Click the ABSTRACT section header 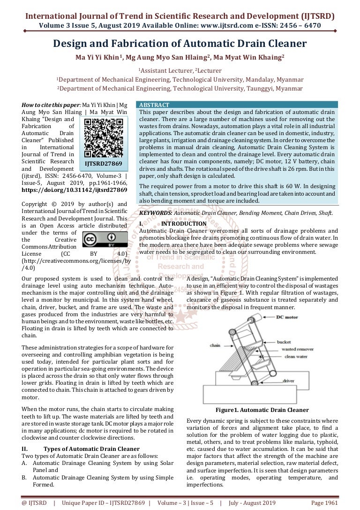154,105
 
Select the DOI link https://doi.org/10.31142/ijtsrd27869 75,190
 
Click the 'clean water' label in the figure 296,357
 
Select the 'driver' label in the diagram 288,381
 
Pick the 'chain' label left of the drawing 215,345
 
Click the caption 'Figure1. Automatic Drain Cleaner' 262,410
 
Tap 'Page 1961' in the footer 324,502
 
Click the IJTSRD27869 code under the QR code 106,164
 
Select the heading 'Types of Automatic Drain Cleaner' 91,449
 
